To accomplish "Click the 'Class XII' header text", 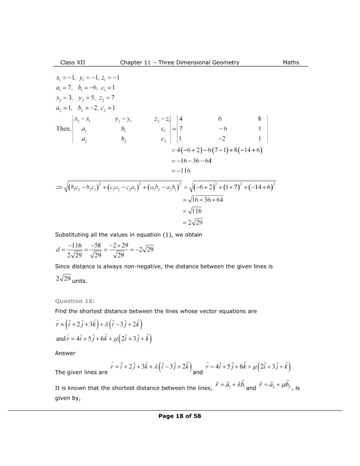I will point(73,62).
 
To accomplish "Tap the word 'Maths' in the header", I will point(289,62).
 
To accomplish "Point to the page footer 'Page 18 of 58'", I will point(180,415).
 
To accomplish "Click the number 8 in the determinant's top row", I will point(259,119).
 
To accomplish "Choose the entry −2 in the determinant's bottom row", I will point(220,139).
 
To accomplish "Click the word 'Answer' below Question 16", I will point(65,353).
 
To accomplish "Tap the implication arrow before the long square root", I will point(59,187).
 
